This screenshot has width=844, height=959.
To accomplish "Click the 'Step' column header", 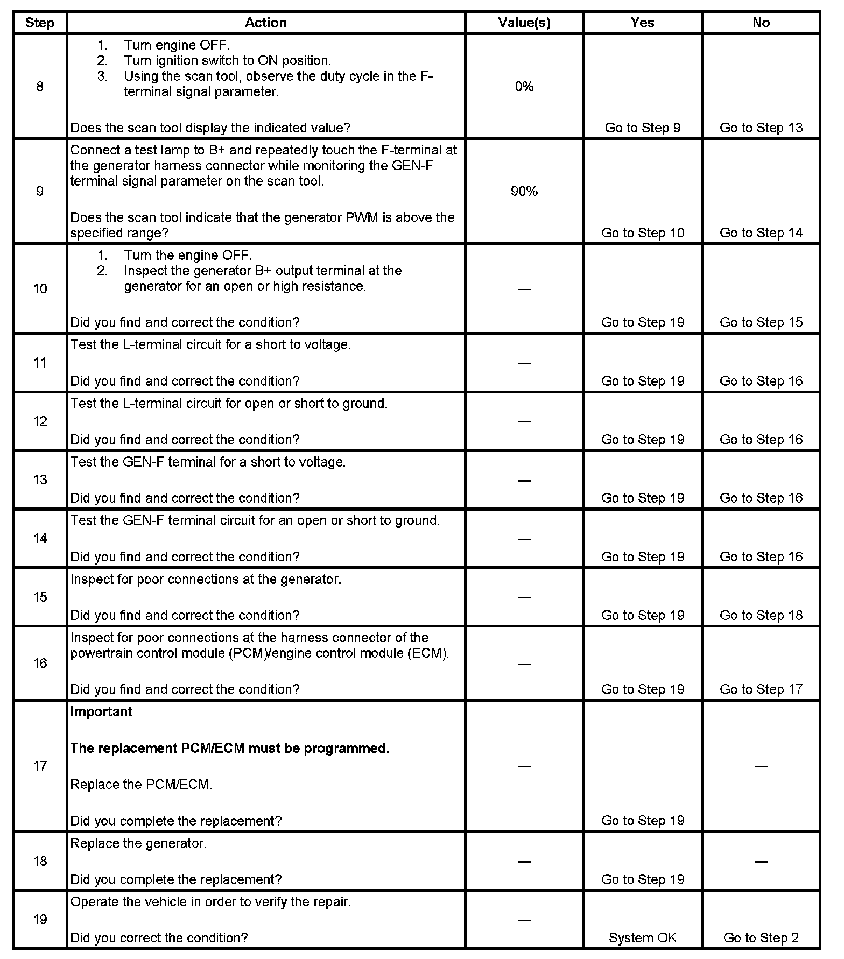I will click(x=40, y=23).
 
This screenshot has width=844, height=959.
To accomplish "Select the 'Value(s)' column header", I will click(x=524, y=23).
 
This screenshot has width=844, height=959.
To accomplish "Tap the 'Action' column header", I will click(x=265, y=23).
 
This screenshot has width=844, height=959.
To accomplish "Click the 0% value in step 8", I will click(x=524, y=87).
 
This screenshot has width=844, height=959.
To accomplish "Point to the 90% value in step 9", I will click(x=524, y=192).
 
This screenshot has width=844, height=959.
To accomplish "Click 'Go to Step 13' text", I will click(x=761, y=128).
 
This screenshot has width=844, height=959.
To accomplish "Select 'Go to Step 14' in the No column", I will click(x=761, y=233).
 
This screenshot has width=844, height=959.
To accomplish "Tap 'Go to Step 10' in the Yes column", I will click(x=643, y=233).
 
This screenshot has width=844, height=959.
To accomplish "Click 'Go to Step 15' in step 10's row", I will click(x=761, y=322).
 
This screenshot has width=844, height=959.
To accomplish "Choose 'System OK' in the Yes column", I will click(x=643, y=938).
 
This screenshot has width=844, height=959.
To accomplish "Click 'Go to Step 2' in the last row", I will click(x=761, y=938).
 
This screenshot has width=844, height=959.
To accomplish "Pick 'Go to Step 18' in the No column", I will click(x=761, y=616).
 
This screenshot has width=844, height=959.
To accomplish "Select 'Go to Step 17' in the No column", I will click(x=761, y=689).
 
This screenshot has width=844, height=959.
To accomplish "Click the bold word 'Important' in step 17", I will click(x=101, y=712).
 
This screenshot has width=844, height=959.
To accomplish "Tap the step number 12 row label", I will click(x=40, y=421).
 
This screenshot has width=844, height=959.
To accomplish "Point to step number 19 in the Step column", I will click(x=40, y=920).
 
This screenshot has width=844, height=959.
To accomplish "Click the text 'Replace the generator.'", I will click(x=138, y=843).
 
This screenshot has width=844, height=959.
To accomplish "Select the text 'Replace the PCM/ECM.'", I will click(x=141, y=785).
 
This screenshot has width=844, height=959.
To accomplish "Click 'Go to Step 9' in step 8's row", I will click(x=643, y=128).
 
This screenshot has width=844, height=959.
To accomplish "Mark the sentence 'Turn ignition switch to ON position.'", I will click(x=227, y=61).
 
